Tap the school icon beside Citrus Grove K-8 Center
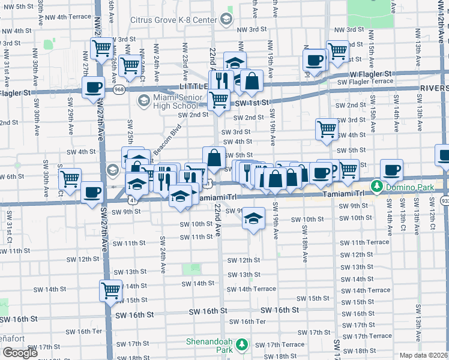click(x=226, y=19)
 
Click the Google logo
click(x=20, y=352)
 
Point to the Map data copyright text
click(x=423, y=355)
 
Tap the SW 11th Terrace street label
click(x=370, y=242)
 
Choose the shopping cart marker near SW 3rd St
click(x=327, y=128)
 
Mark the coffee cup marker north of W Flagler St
click(x=314, y=58)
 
